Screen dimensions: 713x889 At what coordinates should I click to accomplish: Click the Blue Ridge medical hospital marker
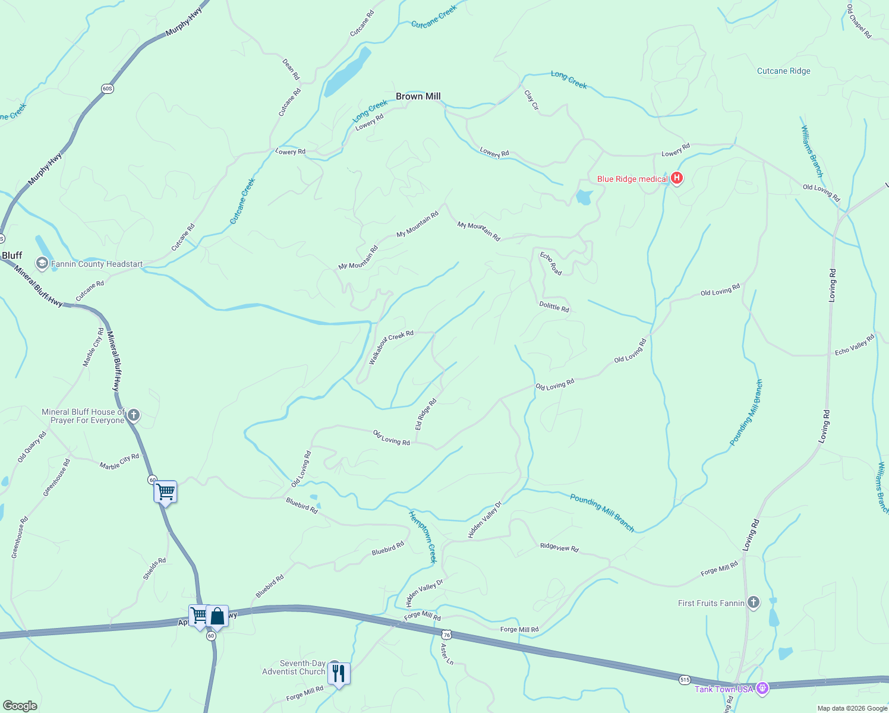pos(676,178)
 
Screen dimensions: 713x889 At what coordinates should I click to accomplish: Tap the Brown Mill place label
pos(418,96)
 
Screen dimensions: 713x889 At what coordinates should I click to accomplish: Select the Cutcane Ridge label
pos(783,71)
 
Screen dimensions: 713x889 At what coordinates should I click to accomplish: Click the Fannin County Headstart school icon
pos(42,263)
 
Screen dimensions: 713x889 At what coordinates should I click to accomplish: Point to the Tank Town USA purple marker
pos(762,689)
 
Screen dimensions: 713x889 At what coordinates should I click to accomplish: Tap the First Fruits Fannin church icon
pos(753,602)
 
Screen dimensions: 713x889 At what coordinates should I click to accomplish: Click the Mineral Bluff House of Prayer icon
pos(134,415)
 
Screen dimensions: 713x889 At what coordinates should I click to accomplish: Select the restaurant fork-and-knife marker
pos(338,673)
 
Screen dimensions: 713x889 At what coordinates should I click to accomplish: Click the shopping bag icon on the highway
pos(217,616)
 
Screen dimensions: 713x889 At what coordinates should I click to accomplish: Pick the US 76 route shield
pos(447,635)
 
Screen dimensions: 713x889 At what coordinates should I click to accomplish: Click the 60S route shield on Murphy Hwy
pos(107,89)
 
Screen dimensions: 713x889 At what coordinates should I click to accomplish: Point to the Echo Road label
pos(551,263)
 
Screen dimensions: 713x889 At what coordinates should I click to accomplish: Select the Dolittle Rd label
pos(554,307)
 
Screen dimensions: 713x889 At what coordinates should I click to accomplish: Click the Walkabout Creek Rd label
pos(390,347)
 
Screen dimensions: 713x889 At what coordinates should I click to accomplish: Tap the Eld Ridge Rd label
pos(425,414)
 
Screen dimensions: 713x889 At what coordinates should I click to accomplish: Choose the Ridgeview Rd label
pos(559,547)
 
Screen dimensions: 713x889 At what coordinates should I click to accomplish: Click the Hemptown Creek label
pos(423,536)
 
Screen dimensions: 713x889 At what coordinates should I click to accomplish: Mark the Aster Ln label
pos(447,654)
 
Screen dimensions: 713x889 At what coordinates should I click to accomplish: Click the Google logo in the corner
pos(20,705)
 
